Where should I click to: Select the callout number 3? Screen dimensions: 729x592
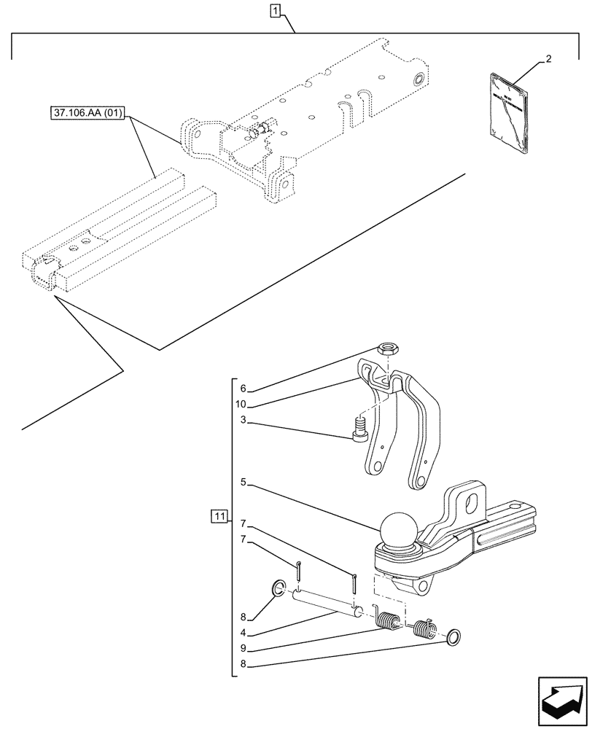(244, 421)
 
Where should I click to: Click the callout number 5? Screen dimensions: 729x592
(244, 482)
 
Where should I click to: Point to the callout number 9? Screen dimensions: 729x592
(244, 648)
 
